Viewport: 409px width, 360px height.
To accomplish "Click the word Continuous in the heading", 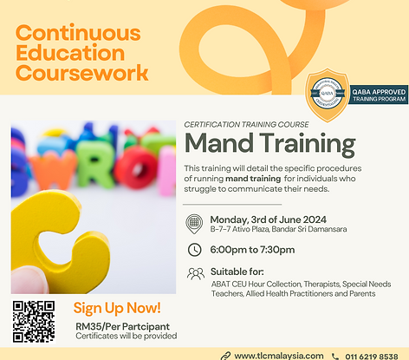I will pos(77,34).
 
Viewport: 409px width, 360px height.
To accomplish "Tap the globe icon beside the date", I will pos(194,222).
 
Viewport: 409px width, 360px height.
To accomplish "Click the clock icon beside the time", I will pos(194,250).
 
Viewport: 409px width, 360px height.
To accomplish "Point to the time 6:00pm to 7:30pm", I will pos(252,250).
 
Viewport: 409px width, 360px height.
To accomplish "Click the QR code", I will pos(34,321).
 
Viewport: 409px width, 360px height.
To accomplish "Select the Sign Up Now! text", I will pos(116,307).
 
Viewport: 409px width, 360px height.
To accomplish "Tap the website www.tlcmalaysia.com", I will pos(277,354).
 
